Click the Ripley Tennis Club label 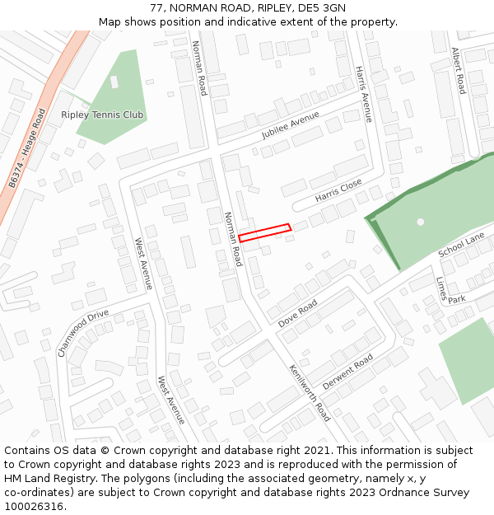coord(102,115)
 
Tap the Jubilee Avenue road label coord(290,125)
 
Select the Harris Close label coord(338,191)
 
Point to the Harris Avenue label coord(363,94)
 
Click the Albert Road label coord(458,70)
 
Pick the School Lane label coord(462,245)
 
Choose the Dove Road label coord(298,314)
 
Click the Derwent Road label coord(348,372)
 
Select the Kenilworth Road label coord(309,392)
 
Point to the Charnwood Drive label coord(82,332)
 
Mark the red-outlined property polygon coord(265,233)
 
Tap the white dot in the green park coord(421,222)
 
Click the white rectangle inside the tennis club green coord(114,82)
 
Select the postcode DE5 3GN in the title coord(324,8)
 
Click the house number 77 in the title coord(156,8)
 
